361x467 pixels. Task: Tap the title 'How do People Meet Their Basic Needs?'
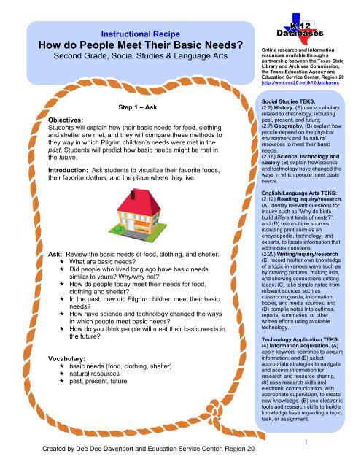pos(129,46)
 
